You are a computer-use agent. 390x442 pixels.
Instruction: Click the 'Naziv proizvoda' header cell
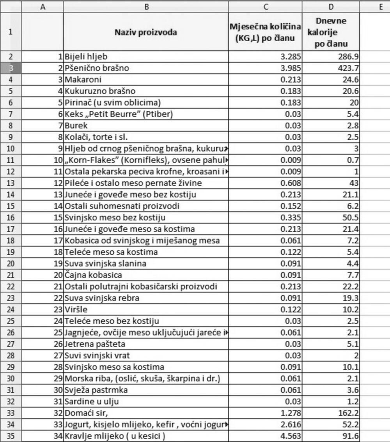[x=145, y=32]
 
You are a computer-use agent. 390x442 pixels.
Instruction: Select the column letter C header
[x=265, y=6]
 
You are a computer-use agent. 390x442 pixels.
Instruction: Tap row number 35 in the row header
[x=11, y=436]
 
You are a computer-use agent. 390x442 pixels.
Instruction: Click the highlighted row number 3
[x=11, y=68]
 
